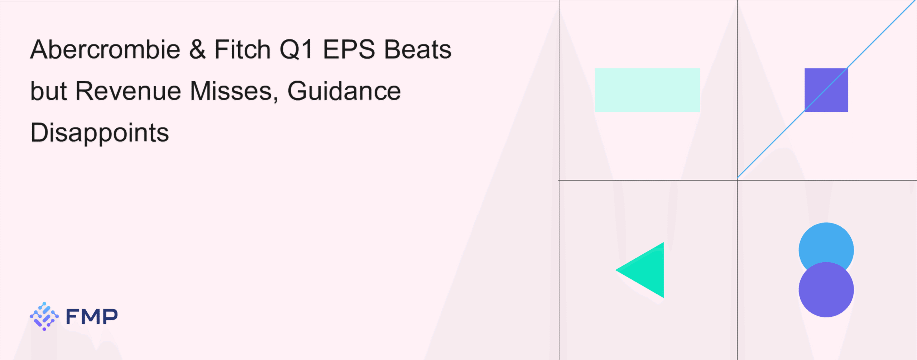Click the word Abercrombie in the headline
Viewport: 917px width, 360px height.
click(105, 49)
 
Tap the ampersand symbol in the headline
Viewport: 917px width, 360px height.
click(197, 49)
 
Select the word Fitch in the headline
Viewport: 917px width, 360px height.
click(243, 49)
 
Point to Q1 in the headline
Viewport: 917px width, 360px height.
click(296, 49)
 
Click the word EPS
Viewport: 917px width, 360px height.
click(349, 49)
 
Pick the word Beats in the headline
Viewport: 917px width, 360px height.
click(418, 49)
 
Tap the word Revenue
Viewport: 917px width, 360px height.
click(128, 91)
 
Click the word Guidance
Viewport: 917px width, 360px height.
click(344, 91)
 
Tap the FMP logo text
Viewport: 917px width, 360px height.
click(92, 316)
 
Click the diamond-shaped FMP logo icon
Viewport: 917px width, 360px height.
click(44, 316)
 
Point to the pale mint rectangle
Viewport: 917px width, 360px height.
click(647, 90)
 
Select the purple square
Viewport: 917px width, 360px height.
click(826, 90)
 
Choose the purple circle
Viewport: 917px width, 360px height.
click(826, 289)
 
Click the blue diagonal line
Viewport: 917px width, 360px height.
click(826, 89)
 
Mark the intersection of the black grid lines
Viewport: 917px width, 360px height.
click(737, 180)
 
